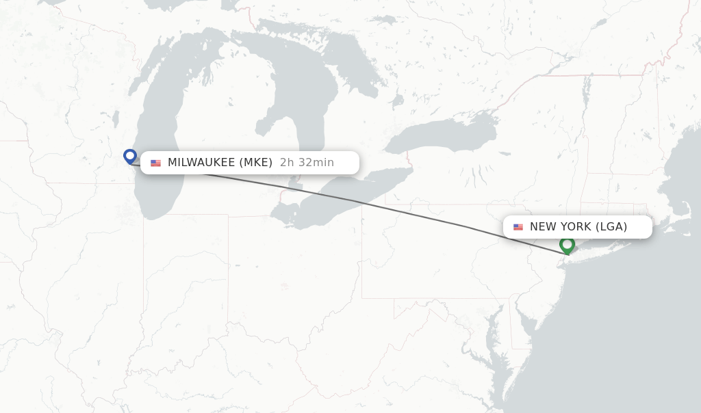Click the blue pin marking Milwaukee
130,157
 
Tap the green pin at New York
567,244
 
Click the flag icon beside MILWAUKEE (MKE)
156,163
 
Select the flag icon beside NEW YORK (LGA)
518,227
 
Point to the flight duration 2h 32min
307,163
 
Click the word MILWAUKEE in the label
201,163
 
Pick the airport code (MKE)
256,163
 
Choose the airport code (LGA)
611,227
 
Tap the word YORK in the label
574,227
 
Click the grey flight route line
411,213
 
